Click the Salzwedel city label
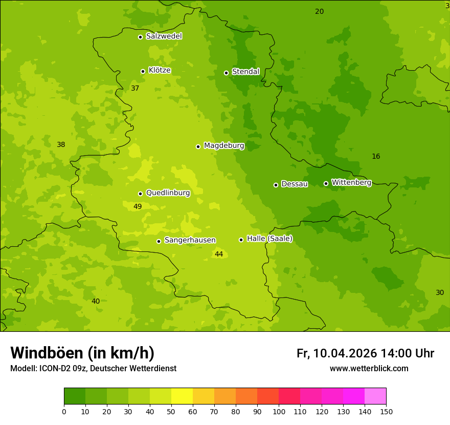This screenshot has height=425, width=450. click(x=164, y=36)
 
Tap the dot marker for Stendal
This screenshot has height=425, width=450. click(x=226, y=73)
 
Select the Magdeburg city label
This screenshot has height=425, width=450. click(x=224, y=146)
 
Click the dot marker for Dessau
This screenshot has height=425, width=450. click(x=276, y=185)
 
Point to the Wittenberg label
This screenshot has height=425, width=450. click(x=351, y=183)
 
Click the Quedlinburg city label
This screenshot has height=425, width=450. click(x=168, y=193)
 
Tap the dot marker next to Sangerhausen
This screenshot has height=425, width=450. click(x=159, y=241)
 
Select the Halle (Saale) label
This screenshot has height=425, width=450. click(x=269, y=239)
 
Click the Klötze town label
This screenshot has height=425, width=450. click(x=160, y=70)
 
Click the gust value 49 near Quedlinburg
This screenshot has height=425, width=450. click(x=138, y=207)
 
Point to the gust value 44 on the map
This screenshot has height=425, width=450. click(x=219, y=254)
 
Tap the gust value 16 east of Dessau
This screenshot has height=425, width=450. click(x=376, y=157)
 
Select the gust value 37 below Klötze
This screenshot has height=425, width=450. click(x=135, y=89)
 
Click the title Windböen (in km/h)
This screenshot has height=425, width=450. click(x=82, y=353)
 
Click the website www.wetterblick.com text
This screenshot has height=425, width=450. click(x=369, y=369)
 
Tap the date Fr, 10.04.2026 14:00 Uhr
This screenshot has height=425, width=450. click(x=365, y=353)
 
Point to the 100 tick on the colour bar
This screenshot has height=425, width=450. click(x=279, y=411)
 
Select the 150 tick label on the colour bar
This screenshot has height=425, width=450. click(x=386, y=411)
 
